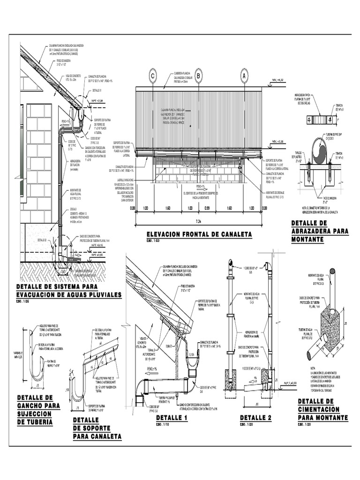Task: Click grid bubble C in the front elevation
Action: coord(152,75)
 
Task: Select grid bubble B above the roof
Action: coord(198,75)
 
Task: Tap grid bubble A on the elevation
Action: coord(244,75)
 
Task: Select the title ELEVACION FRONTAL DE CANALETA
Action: coord(199,234)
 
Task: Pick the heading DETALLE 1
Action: coord(171,418)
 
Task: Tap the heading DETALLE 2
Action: coord(255,418)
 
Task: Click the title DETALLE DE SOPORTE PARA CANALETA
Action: coord(97,428)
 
